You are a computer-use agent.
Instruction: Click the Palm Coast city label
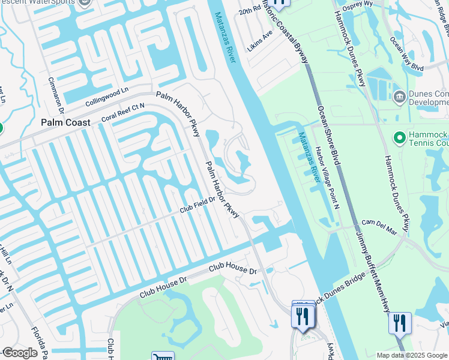[x=65, y=122]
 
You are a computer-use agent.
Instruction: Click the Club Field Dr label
[x=197, y=206]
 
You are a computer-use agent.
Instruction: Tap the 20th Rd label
[x=247, y=13]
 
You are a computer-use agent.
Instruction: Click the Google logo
[x=20, y=353]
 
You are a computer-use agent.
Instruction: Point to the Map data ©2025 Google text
[x=412, y=355]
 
